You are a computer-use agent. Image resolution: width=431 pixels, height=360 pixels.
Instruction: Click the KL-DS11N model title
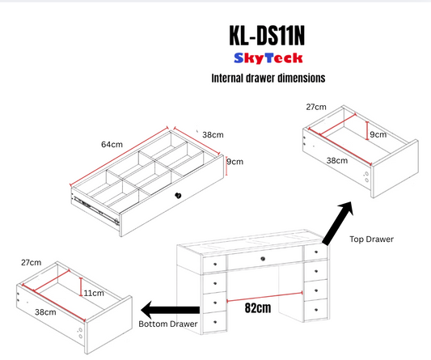coord(267,36)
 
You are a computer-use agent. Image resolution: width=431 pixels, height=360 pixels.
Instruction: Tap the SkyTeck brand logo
coord(268,58)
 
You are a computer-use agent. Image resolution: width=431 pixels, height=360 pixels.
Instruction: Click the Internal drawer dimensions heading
coord(268,78)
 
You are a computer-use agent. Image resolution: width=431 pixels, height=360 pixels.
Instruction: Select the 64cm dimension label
coord(112,144)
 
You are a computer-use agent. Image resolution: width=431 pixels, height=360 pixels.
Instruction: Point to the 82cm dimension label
coord(258,307)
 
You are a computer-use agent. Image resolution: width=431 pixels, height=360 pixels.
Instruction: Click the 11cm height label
coord(94,293)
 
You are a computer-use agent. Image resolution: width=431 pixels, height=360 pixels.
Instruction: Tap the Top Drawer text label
coord(372,239)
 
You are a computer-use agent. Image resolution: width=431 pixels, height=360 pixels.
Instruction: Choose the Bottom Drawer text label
coord(168,324)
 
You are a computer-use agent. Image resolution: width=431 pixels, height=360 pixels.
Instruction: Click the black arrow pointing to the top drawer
coord(337,223)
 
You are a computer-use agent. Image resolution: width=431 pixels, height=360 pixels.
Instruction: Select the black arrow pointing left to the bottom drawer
coord(170,310)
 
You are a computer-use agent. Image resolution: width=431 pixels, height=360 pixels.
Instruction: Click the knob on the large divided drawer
coord(178,196)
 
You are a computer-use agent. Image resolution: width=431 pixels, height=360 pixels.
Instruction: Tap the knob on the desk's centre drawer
coord(263,259)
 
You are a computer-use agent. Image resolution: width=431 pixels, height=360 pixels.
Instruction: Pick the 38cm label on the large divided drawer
coord(213,135)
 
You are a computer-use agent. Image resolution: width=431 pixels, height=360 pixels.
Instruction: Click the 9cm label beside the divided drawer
coord(235,162)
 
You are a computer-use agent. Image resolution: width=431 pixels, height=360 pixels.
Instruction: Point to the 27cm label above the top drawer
coord(316,107)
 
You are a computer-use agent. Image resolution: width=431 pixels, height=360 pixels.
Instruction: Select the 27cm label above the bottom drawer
coord(32,263)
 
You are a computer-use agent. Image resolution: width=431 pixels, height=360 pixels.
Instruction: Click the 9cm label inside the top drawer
coord(378,134)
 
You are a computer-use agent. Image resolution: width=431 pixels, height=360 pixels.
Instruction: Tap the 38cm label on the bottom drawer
coord(45,312)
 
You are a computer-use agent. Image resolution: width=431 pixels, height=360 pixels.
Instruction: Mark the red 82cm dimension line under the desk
coord(264,297)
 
